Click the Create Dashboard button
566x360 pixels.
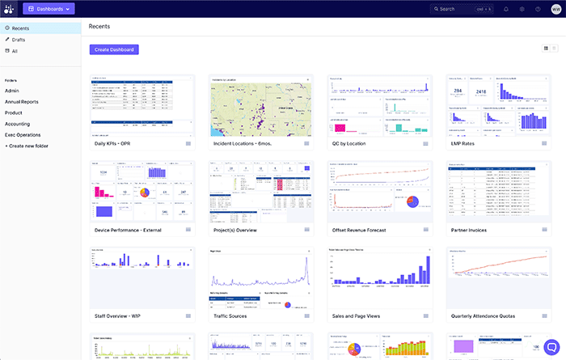[x=113, y=49]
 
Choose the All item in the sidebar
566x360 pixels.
[x=15, y=50]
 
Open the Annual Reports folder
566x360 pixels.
[x=22, y=102]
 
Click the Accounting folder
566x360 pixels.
[x=18, y=124]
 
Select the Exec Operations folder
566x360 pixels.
[x=23, y=134]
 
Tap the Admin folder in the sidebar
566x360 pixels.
[x=12, y=91]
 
